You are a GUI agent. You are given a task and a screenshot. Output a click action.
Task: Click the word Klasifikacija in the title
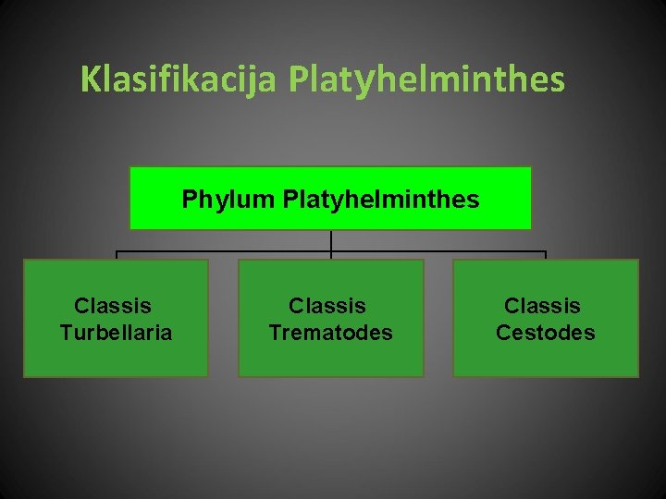pyautogui.click(x=178, y=79)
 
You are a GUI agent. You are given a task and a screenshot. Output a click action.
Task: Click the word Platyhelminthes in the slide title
pyautogui.click(x=426, y=79)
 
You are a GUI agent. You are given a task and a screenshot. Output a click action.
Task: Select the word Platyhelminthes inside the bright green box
pyautogui.click(x=381, y=199)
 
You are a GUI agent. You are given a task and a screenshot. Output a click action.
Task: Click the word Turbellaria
pyautogui.click(x=116, y=333)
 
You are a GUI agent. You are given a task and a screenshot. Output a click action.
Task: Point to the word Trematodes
pyautogui.click(x=330, y=333)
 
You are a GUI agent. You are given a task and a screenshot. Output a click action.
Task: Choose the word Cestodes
pyautogui.click(x=545, y=333)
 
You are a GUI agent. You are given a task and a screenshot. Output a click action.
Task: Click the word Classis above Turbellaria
pyautogui.click(x=113, y=306)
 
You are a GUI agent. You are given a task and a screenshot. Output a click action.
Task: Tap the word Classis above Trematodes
pyautogui.click(x=327, y=306)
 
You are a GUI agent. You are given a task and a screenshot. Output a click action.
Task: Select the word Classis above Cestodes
pyautogui.click(x=542, y=306)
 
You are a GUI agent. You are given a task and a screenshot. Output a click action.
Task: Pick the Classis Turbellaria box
pyautogui.click(x=116, y=360)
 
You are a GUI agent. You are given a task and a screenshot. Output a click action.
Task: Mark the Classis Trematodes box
pyautogui.click(x=330, y=360)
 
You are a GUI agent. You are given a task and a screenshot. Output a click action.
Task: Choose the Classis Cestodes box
pyautogui.click(x=545, y=360)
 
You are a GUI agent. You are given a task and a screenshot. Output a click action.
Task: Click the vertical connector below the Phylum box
pyautogui.click(x=331, y=239)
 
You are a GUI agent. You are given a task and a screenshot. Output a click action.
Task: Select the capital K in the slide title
pyautogui.click(x=89, y=79)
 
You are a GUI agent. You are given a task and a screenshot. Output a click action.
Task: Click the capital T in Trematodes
pyautogui.click(x=275, y=333)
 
